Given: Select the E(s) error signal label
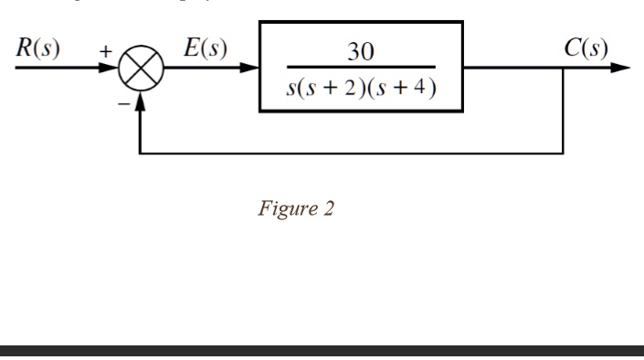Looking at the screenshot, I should point(206,48).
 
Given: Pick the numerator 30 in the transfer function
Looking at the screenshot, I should point(361,51).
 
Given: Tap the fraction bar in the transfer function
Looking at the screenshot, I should point(361,69).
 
